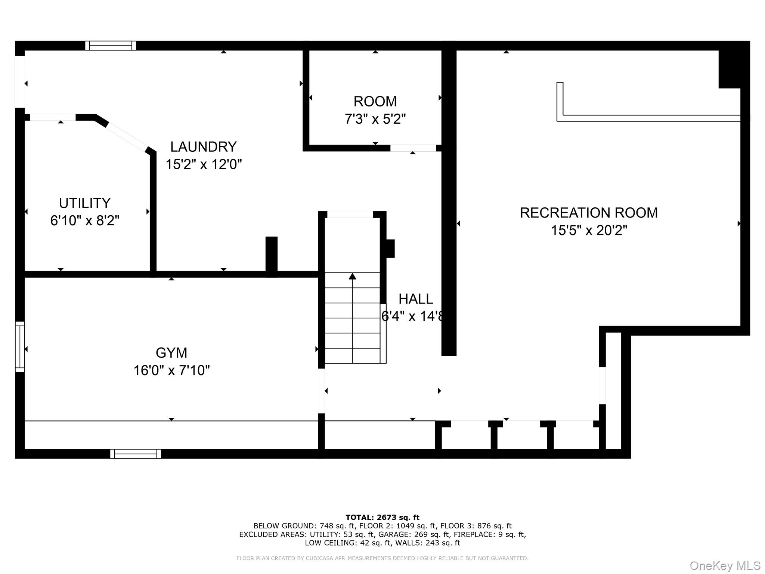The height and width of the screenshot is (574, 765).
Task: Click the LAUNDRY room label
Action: click(x=203, y=146)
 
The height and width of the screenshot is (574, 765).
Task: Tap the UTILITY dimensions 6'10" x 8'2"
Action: click(x=85, y=220)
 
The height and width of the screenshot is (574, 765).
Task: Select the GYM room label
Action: click(x=171, y=352)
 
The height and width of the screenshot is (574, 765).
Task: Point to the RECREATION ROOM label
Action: click(x=589, y=213)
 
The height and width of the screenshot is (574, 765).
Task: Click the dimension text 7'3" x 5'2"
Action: click(x=375, y=119)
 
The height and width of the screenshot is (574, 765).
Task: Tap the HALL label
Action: click(x=416, y=299)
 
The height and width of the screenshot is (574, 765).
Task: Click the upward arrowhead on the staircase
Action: click(x=352, y=276)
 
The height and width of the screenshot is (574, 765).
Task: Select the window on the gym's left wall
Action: click(x=20, y=346)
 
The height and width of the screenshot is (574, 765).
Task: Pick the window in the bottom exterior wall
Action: click(x=136, y=454)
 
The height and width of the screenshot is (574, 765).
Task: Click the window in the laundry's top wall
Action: click(x=111, y=46)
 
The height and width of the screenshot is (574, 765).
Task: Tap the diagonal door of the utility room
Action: click(x=126, y=136)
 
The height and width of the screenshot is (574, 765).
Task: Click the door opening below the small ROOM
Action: click(x=413, y=148)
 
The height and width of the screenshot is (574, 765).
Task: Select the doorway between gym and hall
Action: click(x=321, y=391)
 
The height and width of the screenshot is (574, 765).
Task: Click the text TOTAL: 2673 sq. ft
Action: click(x=382, y=517)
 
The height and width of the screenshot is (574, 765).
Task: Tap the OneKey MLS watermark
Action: click(x=725, y=565)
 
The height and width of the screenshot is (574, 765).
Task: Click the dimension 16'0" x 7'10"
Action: click(x=171, y=370)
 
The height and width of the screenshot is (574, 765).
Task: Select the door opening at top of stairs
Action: click(x=350, y=214)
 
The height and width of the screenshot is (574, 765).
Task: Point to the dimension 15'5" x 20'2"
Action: click(x=589, y=230)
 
